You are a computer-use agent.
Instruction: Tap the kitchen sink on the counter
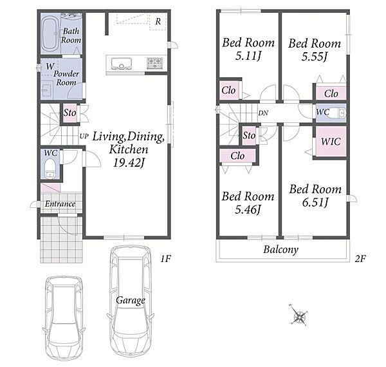[121, 63]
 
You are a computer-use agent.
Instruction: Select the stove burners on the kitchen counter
[155, 63]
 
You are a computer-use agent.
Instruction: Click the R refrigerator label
[158, 22]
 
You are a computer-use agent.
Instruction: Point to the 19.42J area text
[129, 162]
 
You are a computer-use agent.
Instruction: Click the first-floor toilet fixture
[50, 169]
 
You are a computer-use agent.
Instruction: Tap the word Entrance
[60, 204]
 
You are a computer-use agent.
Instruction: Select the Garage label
[130, 301]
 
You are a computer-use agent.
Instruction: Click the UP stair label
[84, 136]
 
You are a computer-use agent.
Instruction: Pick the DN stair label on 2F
[263, 113]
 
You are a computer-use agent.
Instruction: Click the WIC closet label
[331, 142]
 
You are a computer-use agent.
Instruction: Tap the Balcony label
[280, 250]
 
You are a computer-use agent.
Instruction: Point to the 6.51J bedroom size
[315, 203]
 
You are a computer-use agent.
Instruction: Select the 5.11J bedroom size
[248, 56]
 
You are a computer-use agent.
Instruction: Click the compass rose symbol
[300, 316]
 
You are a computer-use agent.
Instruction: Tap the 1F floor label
[165, 259]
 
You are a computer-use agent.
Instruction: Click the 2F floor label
[360, 259]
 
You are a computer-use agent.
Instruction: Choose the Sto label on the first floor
[69, 113]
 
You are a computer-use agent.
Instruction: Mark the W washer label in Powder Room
[50, 66]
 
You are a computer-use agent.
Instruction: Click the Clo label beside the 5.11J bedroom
[228, 90]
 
